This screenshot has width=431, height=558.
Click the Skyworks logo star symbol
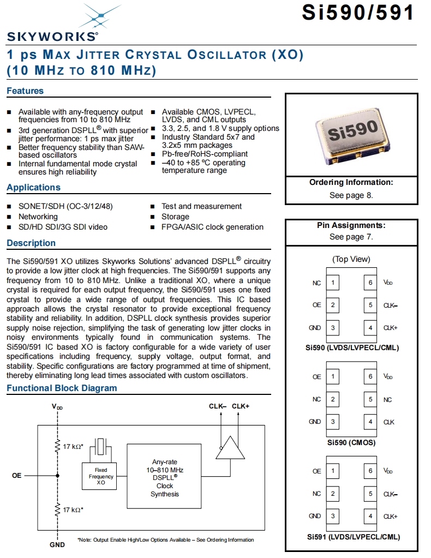[x=100, y=16]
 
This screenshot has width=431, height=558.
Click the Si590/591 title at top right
[x=357, y=13]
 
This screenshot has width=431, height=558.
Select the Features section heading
[x=25, y=91]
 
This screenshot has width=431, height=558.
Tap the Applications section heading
[x=33, y=188]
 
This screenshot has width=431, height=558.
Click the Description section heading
[x=31, y=243]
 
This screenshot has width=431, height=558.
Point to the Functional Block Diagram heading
[x=62, y=388]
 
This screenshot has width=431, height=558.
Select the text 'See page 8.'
[x=351, y=195]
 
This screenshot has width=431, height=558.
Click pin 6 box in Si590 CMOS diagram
[x=370, y=377]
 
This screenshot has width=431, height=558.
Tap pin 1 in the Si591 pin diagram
[x=333, y=471]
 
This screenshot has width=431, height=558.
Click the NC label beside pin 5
[x=387, y=400]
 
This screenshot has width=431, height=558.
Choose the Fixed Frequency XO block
[x=101, y=476]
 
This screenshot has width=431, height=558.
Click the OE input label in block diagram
[x=17, y=476]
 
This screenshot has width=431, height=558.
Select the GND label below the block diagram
[x=57, y=544]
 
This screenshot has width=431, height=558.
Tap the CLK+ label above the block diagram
[x=241, y=406]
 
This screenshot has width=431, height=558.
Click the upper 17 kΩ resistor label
[x=73, y=447]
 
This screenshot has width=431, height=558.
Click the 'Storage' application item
[x=175, y=217]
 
